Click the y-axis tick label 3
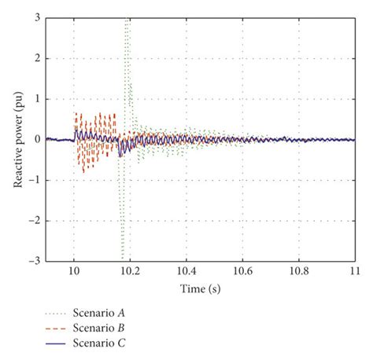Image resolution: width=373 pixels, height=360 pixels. (x=36, y=17)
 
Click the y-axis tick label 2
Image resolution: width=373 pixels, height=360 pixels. (x=36, y=58)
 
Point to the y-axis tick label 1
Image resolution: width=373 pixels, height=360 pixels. (x=36, y=99)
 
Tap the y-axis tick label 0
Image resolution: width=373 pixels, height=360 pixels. (x=36, y=139)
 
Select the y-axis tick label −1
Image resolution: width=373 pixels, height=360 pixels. (x=34, y=180)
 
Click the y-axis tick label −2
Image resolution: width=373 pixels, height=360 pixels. (x=34, y=220)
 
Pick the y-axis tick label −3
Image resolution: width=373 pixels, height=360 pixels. (x=34, y=261)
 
